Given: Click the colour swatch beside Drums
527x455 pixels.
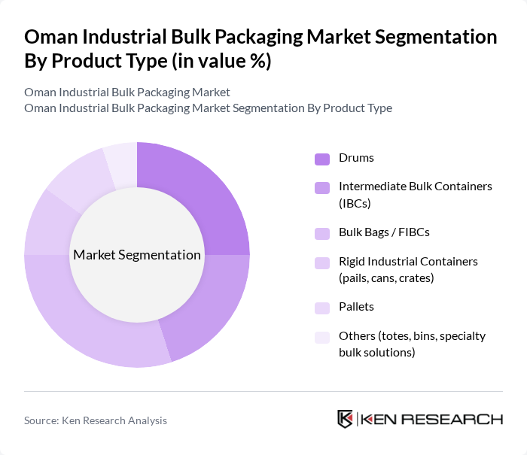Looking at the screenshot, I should (322, 158).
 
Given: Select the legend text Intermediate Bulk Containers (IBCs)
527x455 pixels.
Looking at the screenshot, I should (415, 193).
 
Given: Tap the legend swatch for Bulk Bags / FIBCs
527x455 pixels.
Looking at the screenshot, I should (322, 233).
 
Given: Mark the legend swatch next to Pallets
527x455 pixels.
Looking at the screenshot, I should (322, 308).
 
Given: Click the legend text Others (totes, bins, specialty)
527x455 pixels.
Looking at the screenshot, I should (411, 344).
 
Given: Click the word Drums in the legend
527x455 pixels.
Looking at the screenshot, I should (356, 158).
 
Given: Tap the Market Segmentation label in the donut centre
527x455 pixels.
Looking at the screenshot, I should (137, 255).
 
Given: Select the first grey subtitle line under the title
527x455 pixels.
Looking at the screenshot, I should (127, 92).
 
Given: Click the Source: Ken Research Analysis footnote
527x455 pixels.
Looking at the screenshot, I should (96, 420).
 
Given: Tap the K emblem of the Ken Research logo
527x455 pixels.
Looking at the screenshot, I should (346, 419).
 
